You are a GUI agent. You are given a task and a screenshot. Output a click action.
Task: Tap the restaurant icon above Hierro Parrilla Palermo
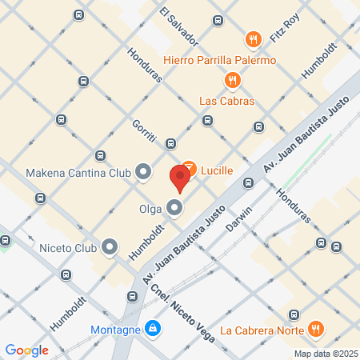tap(253, 39)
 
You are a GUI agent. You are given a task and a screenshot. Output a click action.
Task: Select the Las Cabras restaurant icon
tap(232, 80)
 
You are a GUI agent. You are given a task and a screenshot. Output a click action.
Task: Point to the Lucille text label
tap(222, 170)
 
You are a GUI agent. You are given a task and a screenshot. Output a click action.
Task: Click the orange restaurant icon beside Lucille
tap(189, 168)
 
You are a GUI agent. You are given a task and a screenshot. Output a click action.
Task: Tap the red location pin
tap(179, 179)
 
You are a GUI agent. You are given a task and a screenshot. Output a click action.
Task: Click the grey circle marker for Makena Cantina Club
tap(144, 172)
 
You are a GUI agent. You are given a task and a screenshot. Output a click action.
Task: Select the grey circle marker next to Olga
tap(175, 210)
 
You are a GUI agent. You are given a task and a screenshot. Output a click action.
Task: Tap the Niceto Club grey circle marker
tap(110, 247)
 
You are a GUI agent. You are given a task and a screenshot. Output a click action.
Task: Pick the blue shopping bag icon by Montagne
tap(152, 327)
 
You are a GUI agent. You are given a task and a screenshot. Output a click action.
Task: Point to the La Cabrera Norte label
tap(261, 330)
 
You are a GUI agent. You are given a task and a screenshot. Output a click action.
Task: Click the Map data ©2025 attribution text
tap(325, 353)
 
